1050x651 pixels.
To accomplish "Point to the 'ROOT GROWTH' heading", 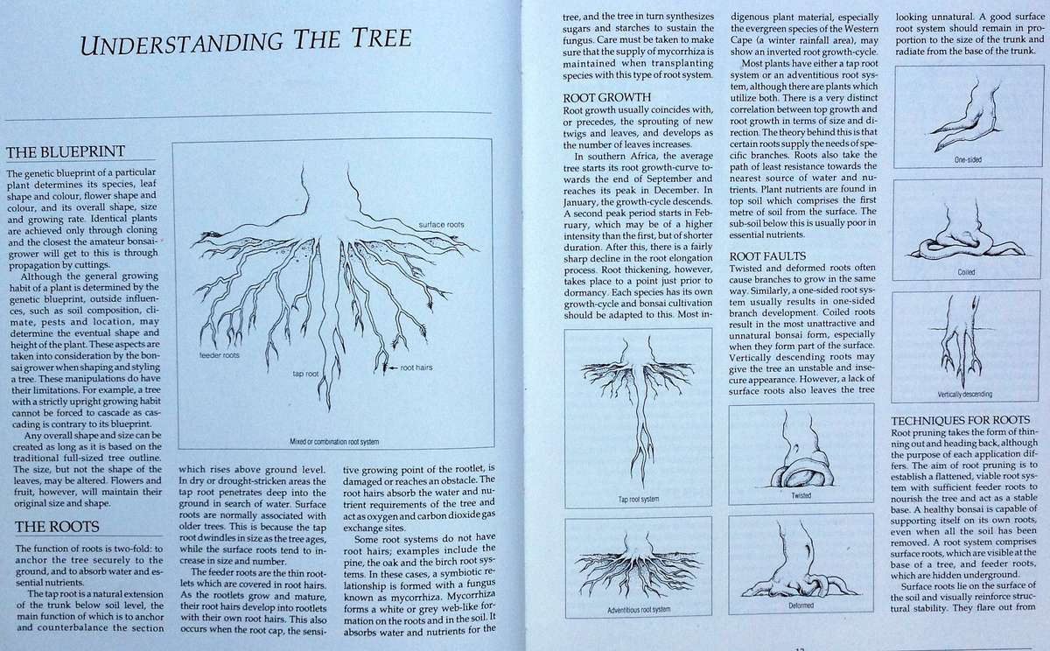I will coord(606,96).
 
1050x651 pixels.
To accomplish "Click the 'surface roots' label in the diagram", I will coord(441,225).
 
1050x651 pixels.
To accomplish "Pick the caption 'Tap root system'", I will coord(637,500).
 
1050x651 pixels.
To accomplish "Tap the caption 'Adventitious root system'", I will coord(637,608).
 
